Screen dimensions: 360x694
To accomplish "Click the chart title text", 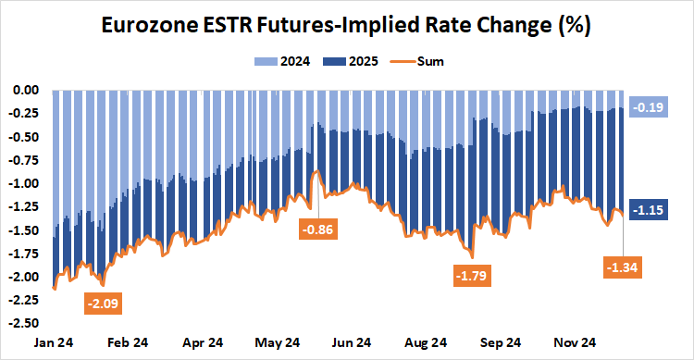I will point(346,26).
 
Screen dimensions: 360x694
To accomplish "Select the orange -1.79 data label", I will point(473,275).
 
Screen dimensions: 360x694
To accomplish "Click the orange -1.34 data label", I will point(623,268).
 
